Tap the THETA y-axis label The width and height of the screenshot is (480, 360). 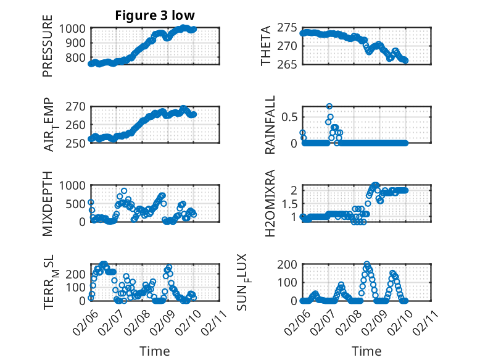tap(266, 46)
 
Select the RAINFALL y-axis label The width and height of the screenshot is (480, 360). tap(270, 124)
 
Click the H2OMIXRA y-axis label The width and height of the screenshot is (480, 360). tap(270, 203)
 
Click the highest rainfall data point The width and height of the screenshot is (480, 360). tap(329, 106)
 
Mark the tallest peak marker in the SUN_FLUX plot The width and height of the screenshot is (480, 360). tap(367, 264)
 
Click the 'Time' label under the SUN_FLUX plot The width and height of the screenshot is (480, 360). tap(366, 351)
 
